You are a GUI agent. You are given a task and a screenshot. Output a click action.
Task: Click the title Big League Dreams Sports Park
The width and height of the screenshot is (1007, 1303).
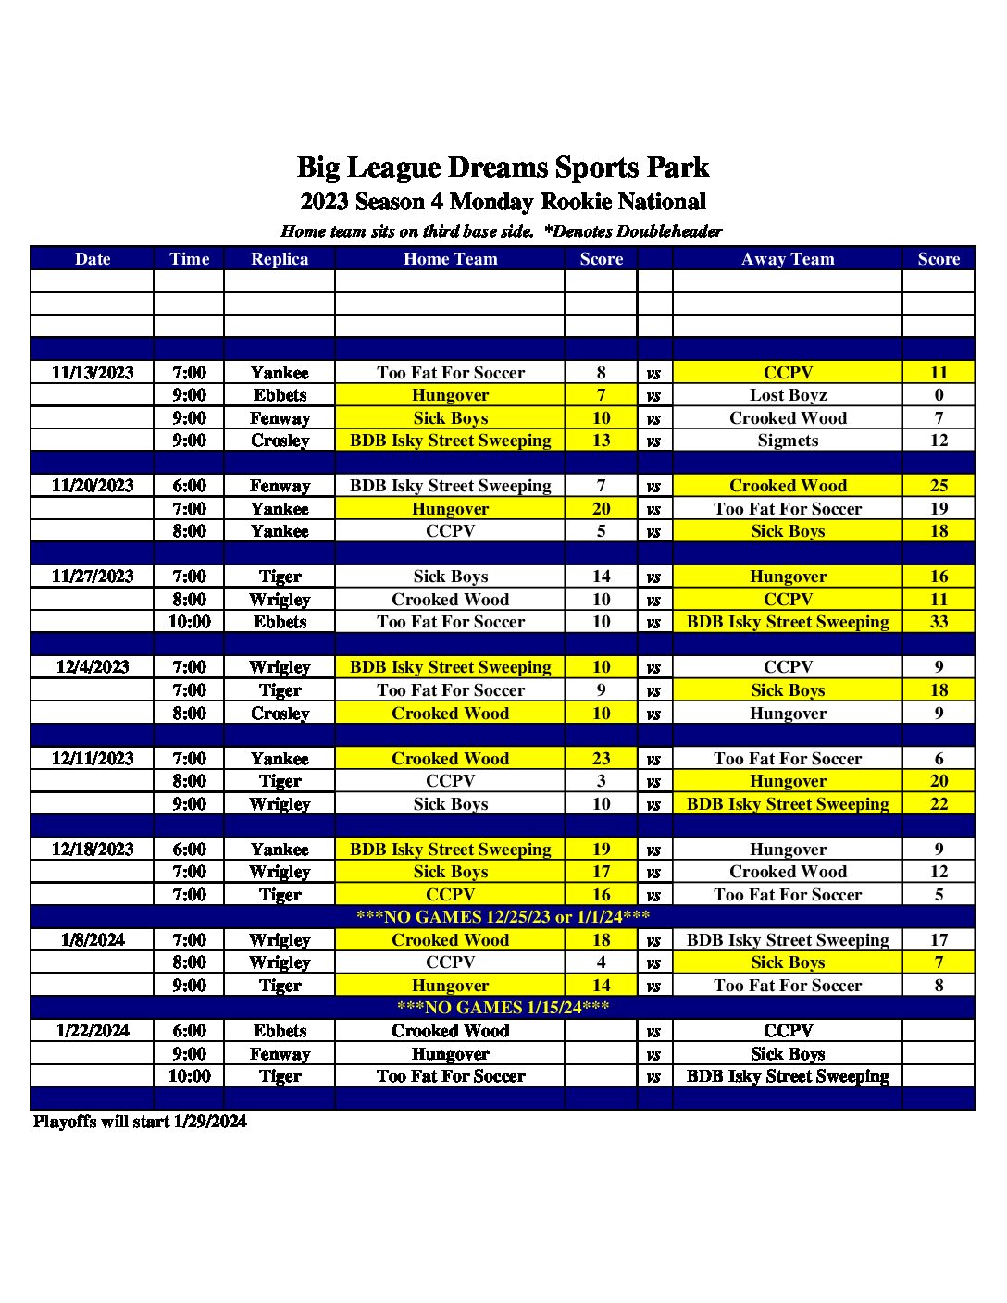pos(503,168)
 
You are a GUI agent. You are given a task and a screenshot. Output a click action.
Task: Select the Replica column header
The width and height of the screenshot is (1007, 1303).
pos(280,259)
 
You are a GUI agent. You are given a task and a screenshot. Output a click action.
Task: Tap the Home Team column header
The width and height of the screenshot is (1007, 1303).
pos(450,259)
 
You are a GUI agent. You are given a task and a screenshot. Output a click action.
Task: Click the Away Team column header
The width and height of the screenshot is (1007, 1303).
pos(788,259)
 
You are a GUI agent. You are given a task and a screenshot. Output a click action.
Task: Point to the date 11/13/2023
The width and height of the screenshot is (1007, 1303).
pos(93,373)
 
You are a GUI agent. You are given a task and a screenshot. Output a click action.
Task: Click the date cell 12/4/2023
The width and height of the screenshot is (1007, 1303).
pos(93,667)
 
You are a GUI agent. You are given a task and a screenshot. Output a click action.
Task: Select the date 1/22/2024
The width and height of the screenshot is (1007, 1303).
pos(93,1031)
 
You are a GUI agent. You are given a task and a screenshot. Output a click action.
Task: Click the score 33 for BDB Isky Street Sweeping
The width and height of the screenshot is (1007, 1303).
pos(939,622)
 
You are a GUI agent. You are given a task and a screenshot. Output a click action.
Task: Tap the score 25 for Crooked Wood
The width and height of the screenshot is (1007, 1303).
pos(939,486)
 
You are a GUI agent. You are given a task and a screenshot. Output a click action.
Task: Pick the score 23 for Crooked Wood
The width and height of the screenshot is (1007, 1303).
pos(601,759)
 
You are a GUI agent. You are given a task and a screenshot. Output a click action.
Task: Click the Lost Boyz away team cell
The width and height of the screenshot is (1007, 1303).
pos(788,395)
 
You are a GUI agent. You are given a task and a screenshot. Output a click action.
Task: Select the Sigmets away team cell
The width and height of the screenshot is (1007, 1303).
pos(788,441)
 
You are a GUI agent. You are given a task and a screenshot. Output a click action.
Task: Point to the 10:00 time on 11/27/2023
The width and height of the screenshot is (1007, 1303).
pos(189,622)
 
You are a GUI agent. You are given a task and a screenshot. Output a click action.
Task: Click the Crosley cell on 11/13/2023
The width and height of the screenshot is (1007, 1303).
pos(280,441)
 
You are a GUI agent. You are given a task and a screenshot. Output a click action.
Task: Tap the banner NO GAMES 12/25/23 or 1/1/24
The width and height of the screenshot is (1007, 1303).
pos(503,917)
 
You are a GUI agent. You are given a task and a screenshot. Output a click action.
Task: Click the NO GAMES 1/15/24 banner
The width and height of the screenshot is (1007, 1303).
pos(503,1008)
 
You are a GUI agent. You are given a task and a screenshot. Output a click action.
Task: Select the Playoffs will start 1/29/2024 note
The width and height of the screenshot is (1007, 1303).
pos(140,1122)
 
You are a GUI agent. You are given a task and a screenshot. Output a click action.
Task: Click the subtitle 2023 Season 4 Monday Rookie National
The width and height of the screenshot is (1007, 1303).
pos(503,202)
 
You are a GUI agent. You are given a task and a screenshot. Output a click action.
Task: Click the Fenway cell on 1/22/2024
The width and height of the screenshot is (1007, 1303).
pos(280,1054)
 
